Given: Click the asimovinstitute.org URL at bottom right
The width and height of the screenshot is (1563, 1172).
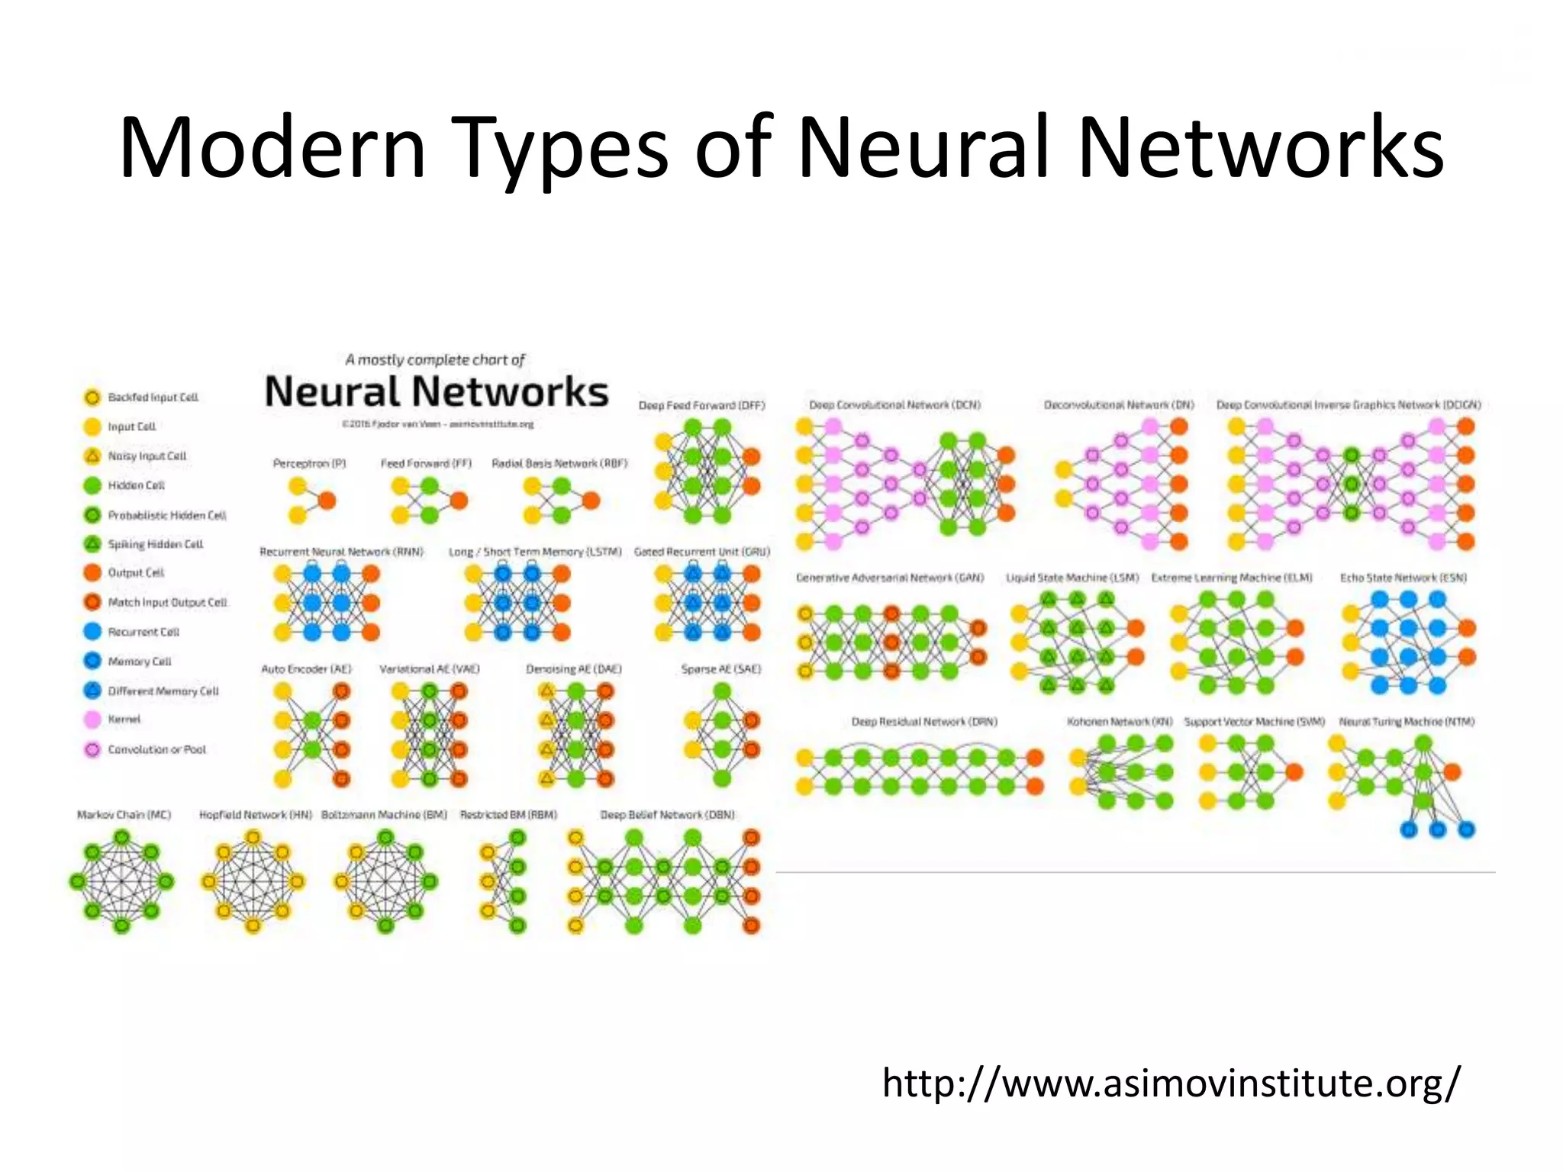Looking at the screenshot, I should (1171, 1083).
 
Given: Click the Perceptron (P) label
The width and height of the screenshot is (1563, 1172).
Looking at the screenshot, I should (309, 463).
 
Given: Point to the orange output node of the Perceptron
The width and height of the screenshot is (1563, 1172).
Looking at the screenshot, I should (327, 501).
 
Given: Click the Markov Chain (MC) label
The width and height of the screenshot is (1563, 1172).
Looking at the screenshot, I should (124, 815).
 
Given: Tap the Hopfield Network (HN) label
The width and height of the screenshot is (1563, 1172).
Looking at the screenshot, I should (256, 815).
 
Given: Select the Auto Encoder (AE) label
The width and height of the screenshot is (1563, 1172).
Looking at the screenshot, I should (306, 669).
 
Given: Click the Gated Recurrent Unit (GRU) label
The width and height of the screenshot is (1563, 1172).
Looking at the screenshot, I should (701, 552).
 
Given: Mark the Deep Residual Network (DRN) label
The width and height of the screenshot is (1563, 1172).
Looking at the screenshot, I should (924, 722).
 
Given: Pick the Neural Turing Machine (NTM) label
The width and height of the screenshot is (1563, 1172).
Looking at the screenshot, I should (1407, 722).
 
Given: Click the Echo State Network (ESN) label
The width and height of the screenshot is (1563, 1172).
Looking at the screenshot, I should (1403, 578).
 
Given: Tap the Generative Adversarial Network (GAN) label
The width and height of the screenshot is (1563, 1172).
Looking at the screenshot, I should (890, 578).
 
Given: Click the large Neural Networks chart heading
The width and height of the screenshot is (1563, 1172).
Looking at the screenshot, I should (436, 391).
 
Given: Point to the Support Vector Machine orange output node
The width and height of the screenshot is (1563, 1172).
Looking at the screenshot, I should (1294, 772).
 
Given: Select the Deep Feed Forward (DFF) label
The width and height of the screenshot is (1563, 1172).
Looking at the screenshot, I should (701, 405).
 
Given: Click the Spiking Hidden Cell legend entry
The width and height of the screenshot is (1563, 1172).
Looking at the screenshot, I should (155, 544).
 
